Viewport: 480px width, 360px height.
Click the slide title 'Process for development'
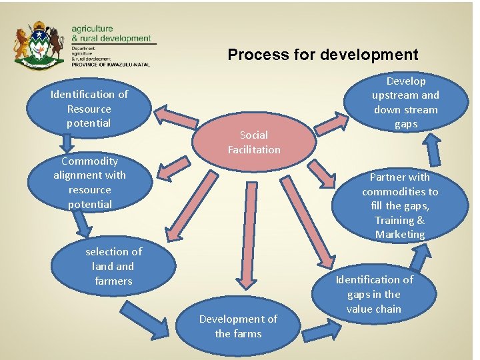coord(323,55)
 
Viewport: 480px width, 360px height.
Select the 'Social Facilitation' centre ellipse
coord(254,142)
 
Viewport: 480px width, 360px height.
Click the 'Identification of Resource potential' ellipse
coord(89,109)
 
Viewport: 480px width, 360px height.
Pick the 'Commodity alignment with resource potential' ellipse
coord(89,182)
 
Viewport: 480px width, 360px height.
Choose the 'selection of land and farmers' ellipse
coord(113,266)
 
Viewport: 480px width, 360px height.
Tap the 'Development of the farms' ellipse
coord(238,326)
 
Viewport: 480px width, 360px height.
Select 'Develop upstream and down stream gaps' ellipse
coord(405,102)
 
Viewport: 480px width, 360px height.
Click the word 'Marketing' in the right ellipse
coord(400,235)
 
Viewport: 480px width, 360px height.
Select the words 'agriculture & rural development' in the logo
coord(111,34)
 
